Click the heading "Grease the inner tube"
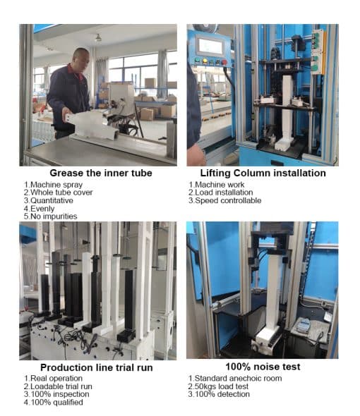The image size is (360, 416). click(101, 173)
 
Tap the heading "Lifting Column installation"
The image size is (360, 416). click(263, 173)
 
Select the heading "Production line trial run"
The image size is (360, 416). click(97, 367)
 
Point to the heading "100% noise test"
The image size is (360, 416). click(263, 367)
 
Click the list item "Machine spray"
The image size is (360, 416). click(53, 185)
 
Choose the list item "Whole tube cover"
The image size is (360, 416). click(58, 192)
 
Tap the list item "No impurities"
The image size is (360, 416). click(51, 216)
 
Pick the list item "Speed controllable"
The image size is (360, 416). click(224, 200)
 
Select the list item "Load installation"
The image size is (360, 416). click(220, 192)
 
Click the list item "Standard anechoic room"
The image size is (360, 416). click(235, 379)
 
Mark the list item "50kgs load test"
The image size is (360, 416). click(218, 386)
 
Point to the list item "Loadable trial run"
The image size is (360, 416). click(58, 386)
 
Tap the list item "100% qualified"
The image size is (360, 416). click(53, 402)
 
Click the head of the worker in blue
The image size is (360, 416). click(81, 58)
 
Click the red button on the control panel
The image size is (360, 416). click(224, 62)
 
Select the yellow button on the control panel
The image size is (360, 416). click(205, 61)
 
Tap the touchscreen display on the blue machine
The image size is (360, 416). click(210, 46)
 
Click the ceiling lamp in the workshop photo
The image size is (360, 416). click(98, 38)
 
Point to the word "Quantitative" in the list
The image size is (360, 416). click(52, 200)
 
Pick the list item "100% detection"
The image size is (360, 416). click(219, 394)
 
